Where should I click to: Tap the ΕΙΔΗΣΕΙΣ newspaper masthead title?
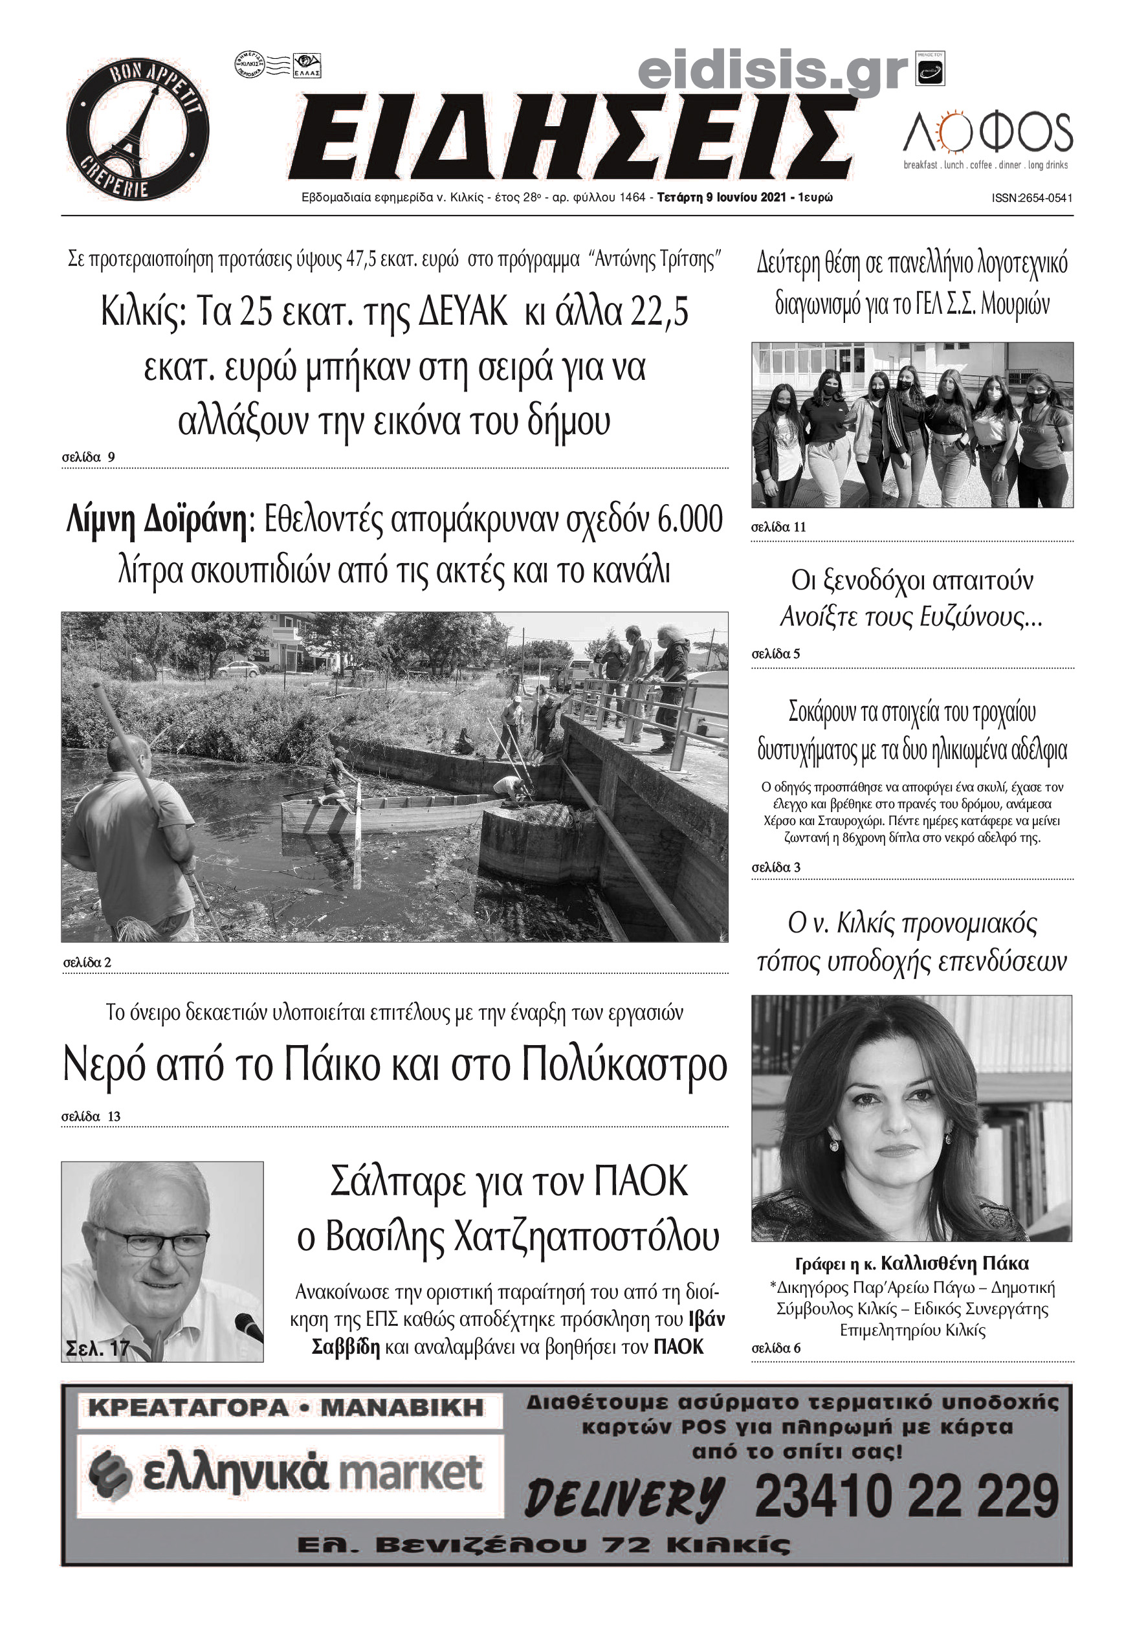[x=573, y=137]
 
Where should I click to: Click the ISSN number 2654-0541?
[x=1032, y=199]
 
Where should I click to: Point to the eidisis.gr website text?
[x=773, y=73]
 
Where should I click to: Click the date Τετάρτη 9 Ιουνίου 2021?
[x=721, y=197]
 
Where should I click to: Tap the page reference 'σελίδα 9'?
[x=88, y=457]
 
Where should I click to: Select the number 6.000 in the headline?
[x=690, y=520]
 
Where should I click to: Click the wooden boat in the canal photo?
[x=384, y=814]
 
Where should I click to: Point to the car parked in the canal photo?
[x=238, y=669]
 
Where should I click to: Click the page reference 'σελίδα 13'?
[x=91, y=1117]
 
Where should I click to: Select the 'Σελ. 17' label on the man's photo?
[x=98, y=1349]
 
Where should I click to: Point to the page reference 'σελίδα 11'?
[x=778, y=527]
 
